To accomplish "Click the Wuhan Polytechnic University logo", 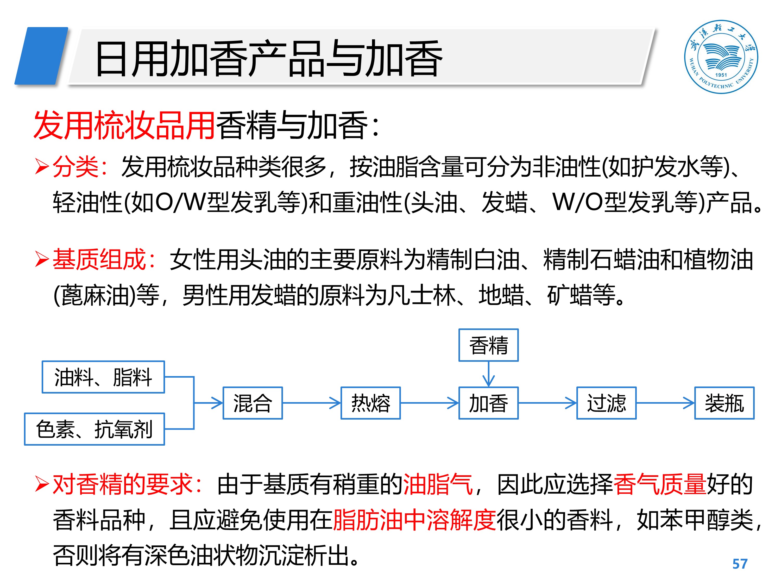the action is (721, 57).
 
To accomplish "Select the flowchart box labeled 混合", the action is (253, 403).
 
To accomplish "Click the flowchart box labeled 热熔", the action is (370, 403).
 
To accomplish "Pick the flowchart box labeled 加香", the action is (488, 403).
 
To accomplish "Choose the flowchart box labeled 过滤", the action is (606, 403).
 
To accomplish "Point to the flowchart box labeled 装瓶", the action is (724, 403).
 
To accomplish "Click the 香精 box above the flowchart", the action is (488, 345).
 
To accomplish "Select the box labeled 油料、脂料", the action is (103, 377).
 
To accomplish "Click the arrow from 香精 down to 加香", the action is (488, 375).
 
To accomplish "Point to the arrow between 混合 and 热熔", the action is (311, 403).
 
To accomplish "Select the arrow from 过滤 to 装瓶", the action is (665, 403).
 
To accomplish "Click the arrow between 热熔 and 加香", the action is (429, 403).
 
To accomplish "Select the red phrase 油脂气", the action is (438, 484).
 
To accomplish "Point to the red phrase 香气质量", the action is (659, 484).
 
